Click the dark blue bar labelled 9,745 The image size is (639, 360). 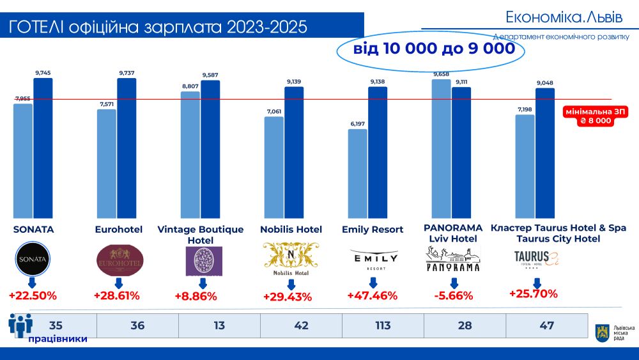43,148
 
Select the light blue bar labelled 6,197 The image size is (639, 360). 358,173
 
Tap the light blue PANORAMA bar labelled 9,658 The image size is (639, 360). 441,148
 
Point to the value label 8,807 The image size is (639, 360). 190,86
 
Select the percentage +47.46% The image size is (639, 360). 372,295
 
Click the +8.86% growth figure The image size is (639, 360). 196,296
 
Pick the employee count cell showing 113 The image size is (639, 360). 383,325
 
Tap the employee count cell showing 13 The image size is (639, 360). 219,325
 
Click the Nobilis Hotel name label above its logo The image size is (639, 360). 291,229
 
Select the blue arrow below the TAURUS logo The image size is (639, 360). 537,282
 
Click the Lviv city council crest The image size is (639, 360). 601,331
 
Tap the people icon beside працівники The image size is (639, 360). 20,324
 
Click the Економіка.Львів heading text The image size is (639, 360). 563,16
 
